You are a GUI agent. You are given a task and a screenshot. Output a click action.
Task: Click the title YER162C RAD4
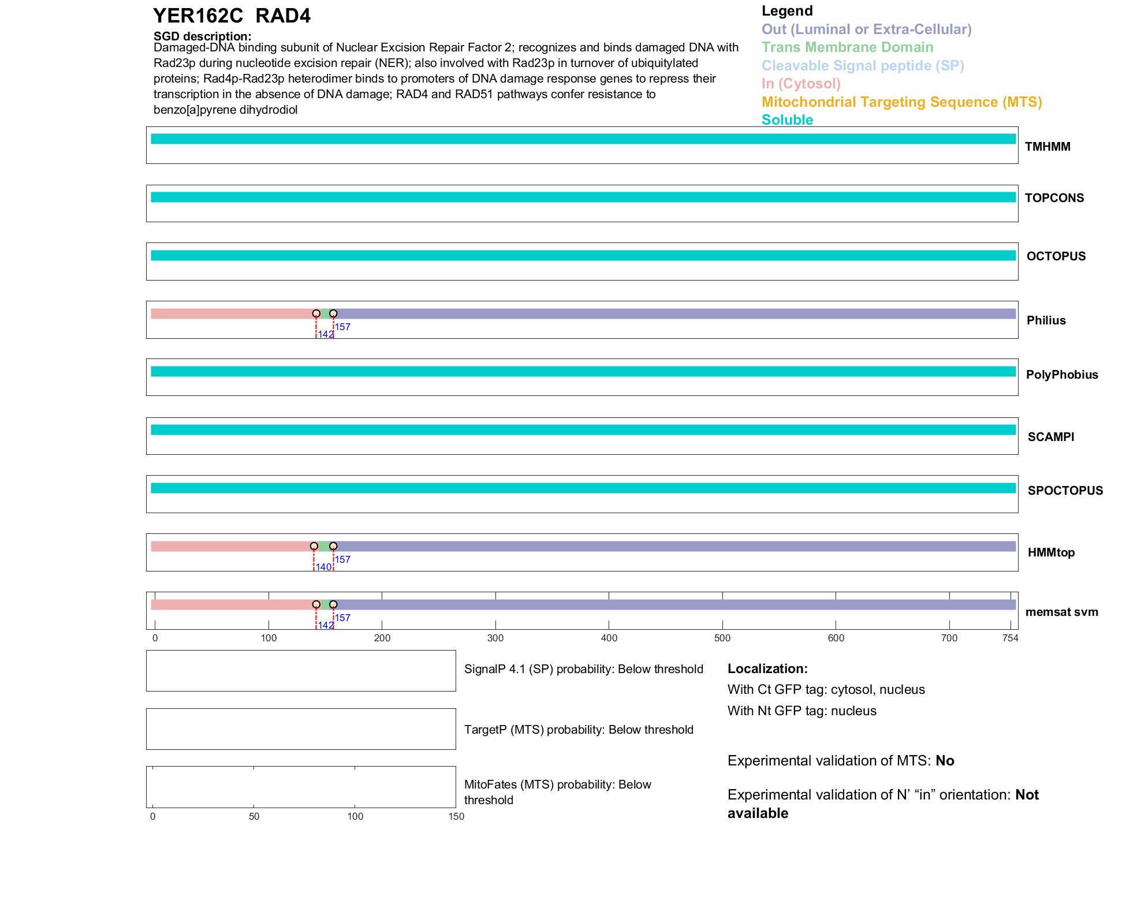[232, 16]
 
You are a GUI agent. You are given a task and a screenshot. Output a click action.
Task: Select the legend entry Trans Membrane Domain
[847, 47]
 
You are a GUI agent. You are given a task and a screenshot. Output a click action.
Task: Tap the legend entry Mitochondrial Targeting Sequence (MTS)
[901, 102]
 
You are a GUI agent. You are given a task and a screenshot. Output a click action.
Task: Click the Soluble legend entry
[787, 120]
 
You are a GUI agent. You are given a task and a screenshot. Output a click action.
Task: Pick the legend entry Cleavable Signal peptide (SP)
[863, 66]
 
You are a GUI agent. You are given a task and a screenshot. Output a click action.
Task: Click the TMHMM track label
[1047, 147]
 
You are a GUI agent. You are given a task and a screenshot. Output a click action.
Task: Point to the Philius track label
[1046, 320]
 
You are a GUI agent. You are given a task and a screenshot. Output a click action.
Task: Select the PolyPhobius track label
[1061, 375]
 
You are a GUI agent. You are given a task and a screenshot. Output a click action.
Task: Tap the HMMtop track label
[1051, 552]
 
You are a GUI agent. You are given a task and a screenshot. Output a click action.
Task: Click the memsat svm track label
[1061, 612]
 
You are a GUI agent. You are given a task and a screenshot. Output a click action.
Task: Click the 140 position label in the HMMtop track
[323, 567]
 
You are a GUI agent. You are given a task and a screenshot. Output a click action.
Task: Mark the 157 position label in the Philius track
[343, 327]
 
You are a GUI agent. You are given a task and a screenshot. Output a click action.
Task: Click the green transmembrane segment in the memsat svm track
[325, 604]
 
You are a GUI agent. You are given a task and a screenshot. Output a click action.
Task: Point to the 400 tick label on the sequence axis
[609, 638]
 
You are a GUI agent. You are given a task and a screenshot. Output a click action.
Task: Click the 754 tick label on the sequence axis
[1010, 638]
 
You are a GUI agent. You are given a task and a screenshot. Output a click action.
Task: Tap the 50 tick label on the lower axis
[254, 816]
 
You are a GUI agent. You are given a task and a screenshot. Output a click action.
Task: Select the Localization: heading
[767, 668]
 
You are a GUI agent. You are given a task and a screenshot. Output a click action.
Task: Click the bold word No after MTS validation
[945, 761]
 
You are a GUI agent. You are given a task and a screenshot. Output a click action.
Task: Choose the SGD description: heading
[202, 36]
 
